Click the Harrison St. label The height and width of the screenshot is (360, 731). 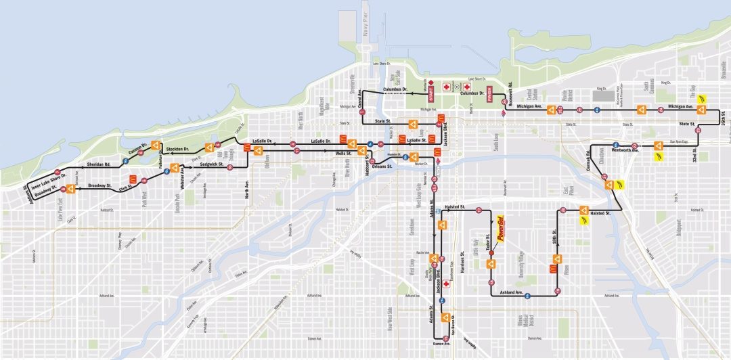(462, 263)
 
